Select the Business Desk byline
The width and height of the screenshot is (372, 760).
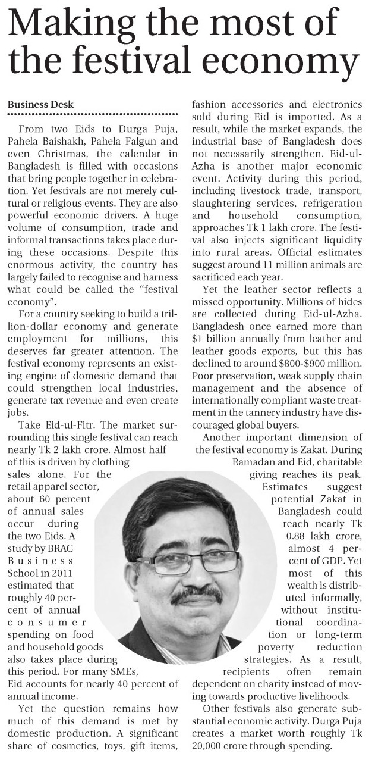[x=40, y=105]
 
